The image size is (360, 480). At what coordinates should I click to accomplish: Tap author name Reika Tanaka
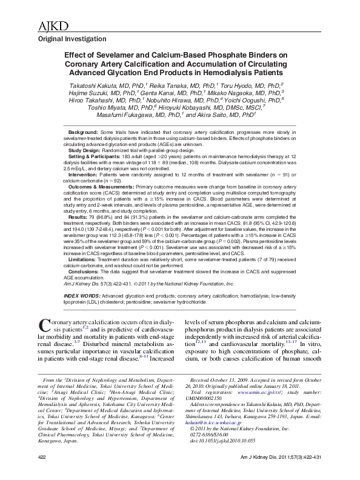[x=164, y=85]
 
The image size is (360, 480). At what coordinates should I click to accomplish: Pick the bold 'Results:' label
[x=77, y=216]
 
